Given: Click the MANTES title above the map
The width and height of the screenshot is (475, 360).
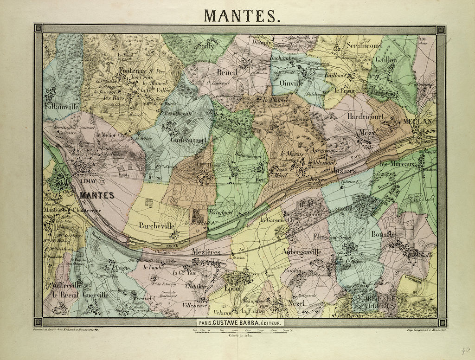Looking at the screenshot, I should coord(241,15).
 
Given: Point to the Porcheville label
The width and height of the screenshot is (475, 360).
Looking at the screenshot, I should coord(156,225).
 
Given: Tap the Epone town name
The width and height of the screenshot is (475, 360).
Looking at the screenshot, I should coord(233,288).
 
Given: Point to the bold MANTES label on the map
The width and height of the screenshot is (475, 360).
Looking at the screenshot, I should coord(97,195).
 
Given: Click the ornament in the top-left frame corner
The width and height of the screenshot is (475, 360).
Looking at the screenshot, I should coord(38,29).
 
